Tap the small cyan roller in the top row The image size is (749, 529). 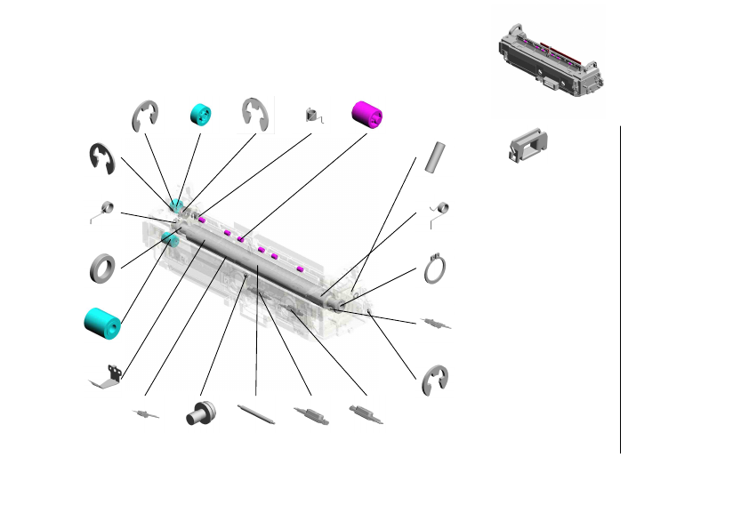pyautogui.click(x=202, y=115)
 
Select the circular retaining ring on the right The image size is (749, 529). pyautogui.click(x=434, y=269)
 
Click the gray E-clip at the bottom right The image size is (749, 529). pyautogui.click(x=435, y=380)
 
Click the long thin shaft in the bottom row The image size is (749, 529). pyautogui.click(x=257, y=415)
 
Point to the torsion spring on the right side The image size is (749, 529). pyautogui.click(x=438, y=212)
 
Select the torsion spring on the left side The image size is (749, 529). pyautogui.click(x=104, y=210)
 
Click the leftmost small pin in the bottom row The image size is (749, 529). pyautogui.click(x=145, y=414)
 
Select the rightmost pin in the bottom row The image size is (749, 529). pyautogui.click(x=366, y=414)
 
